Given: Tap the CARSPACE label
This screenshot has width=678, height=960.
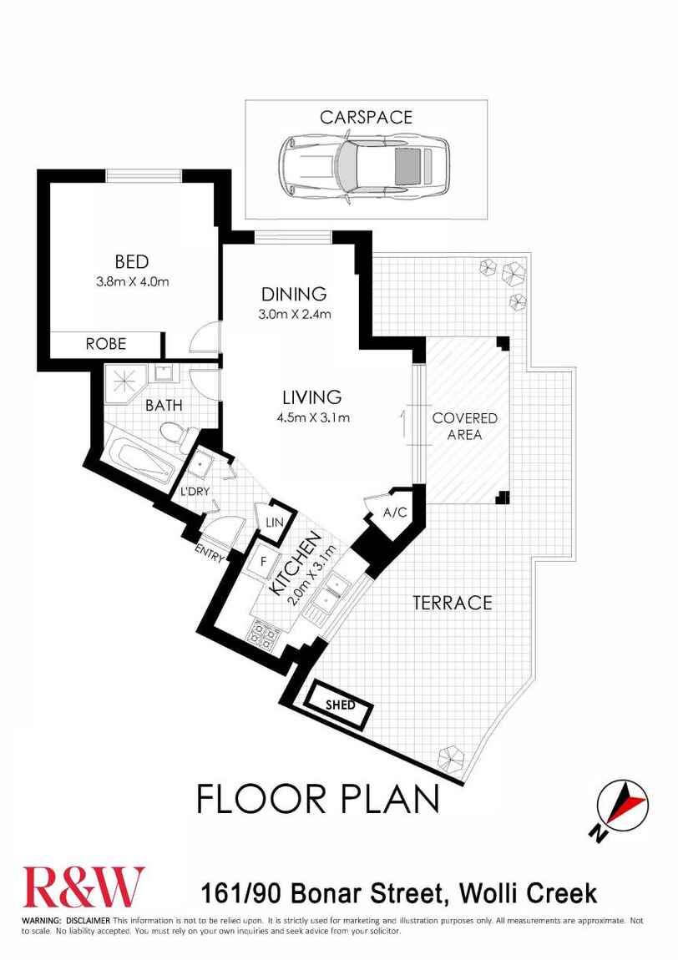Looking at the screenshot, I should point(366,117).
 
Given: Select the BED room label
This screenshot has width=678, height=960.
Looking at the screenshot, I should point(132,263).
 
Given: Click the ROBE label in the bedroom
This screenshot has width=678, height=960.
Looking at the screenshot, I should point(105,343).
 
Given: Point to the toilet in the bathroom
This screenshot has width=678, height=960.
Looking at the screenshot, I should point(172,433).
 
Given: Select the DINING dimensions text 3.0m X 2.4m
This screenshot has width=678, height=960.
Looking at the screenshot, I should point(293,315).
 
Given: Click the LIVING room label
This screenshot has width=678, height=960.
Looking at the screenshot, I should point(311,397).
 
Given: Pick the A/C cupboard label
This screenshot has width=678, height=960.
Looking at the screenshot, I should point(394,512).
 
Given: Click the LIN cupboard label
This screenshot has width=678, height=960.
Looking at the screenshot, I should point(274,522).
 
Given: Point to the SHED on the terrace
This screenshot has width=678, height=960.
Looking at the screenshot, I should point(340,705).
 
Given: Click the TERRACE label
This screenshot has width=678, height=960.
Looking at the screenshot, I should point(452,602).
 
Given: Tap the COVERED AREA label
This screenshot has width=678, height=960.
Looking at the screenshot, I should point(464,426).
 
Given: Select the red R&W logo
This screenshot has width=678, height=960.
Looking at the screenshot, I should point(83,886).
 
